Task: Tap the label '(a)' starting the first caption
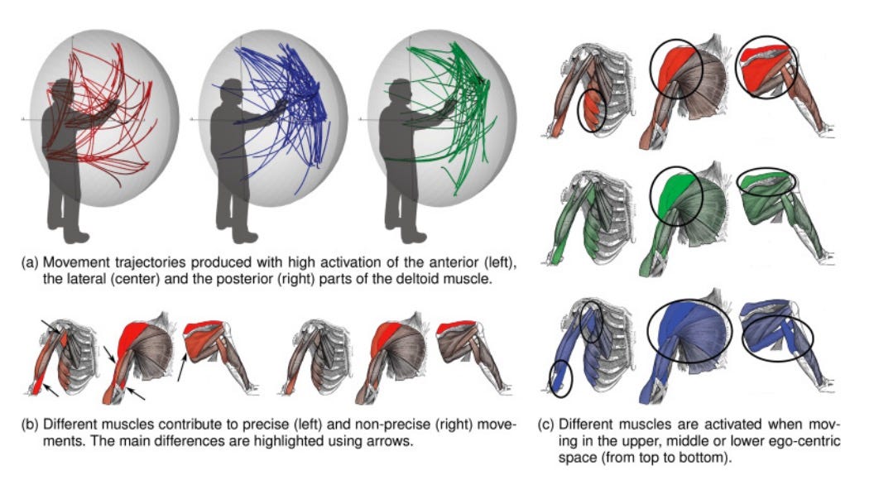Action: tap(30, 262)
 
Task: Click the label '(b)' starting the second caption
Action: tap(30, 425)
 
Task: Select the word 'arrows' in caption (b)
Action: tap(391, 442)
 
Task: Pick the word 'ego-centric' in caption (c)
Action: tap(807, 442)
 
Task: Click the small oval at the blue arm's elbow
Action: tap(561, 378)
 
